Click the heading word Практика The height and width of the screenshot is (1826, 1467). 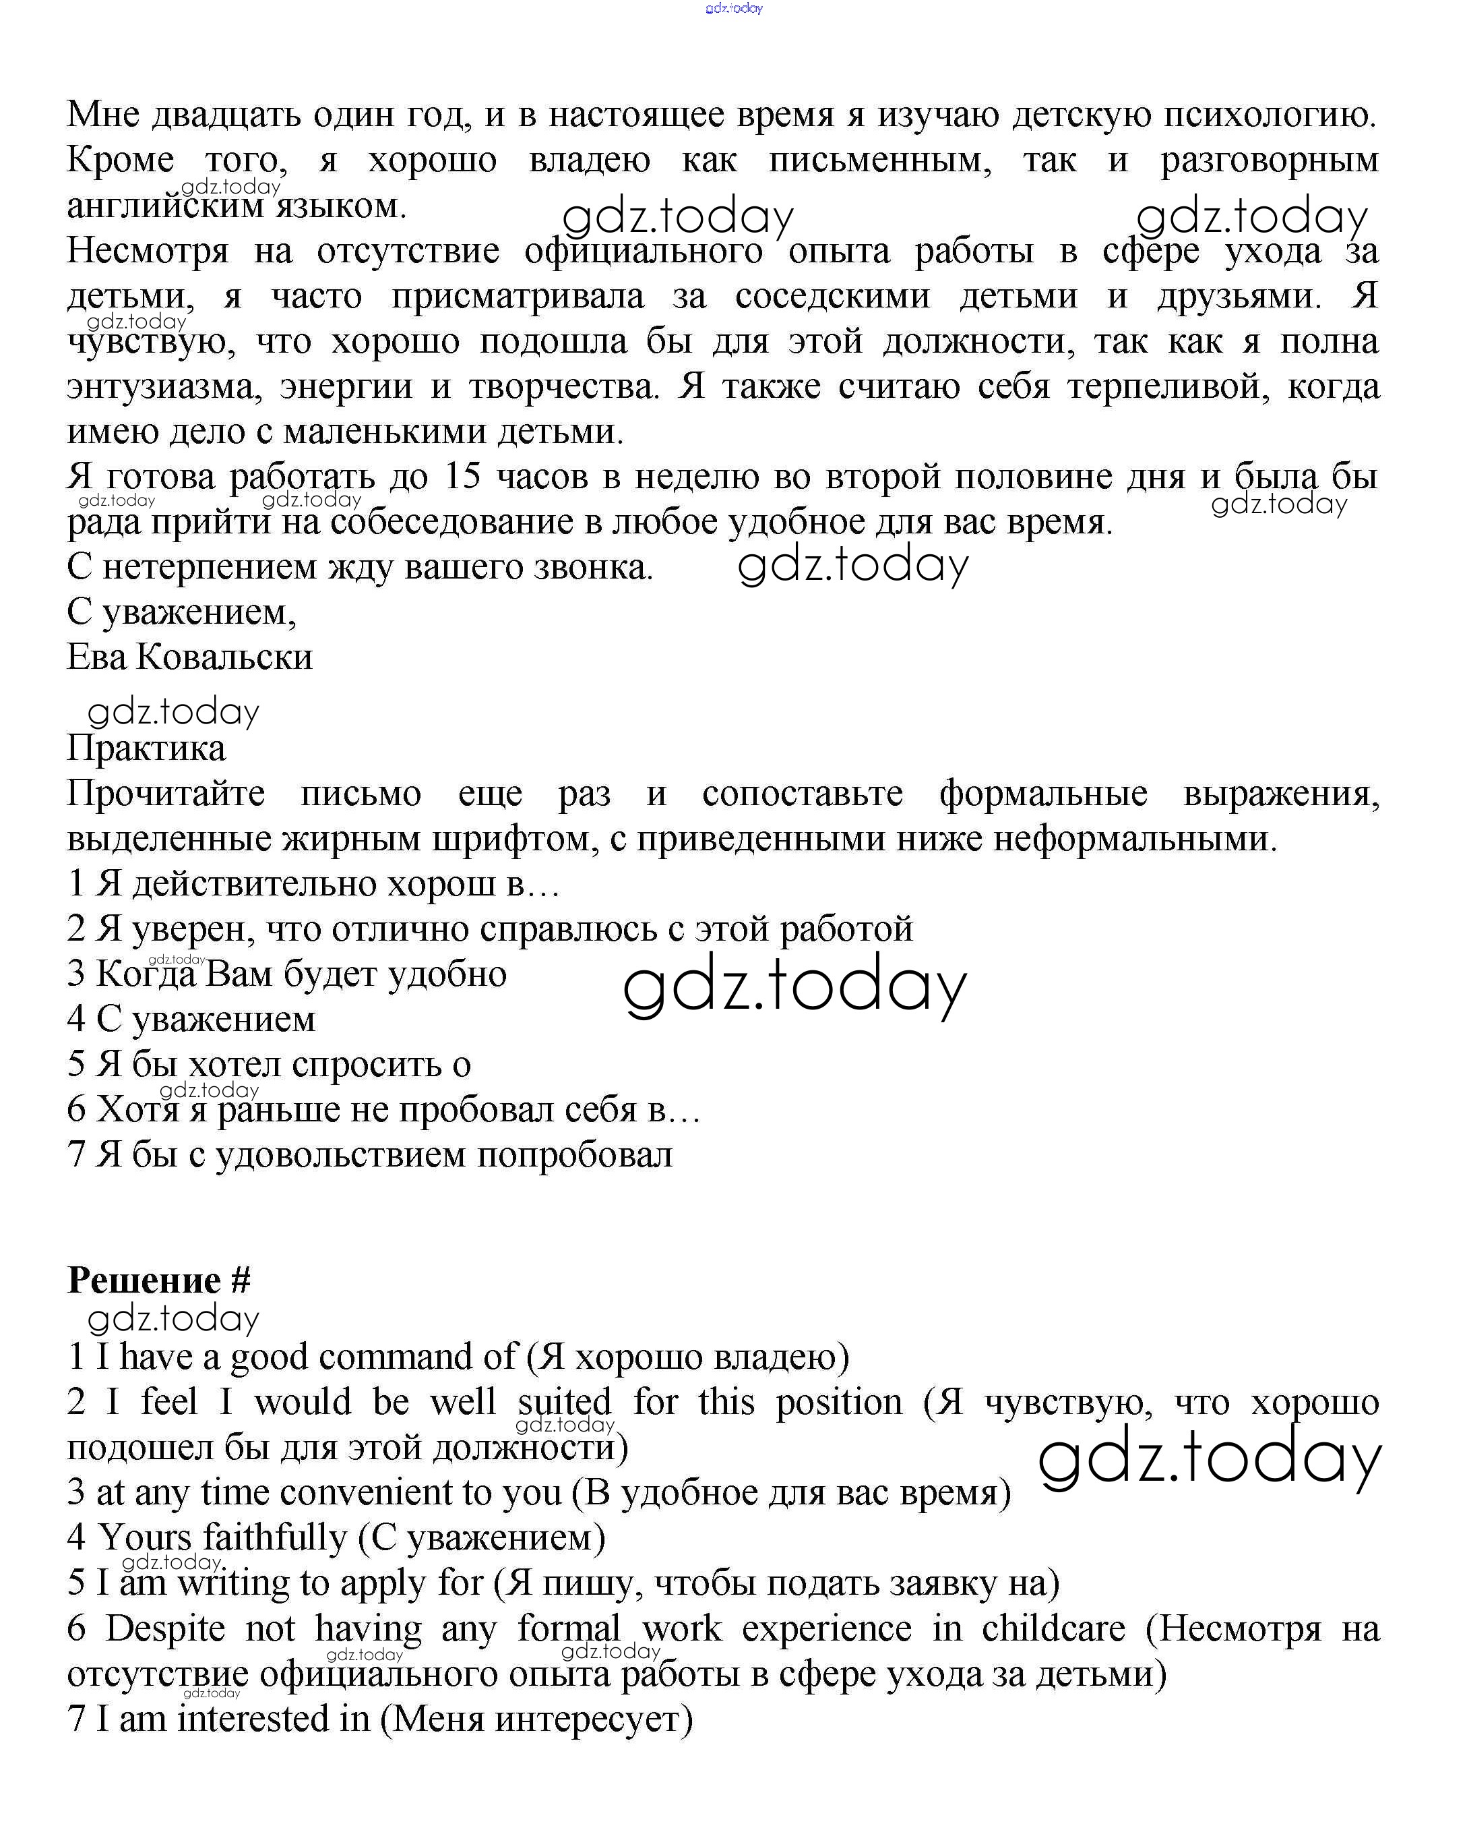click(146, 748)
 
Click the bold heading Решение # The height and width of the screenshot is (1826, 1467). click(159, 1281)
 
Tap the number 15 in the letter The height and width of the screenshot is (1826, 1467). click(462, 477)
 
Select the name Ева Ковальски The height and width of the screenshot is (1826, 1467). click(189, 657)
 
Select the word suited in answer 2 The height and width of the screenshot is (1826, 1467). click(565, 1403)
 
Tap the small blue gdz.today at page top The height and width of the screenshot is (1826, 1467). click(734, 9)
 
